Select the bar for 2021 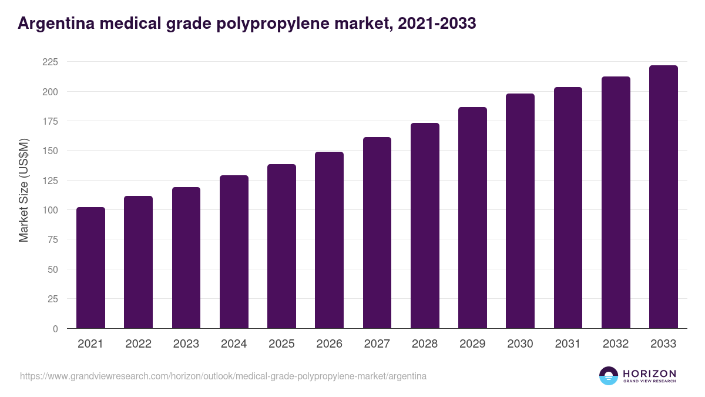90,268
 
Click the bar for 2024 234,252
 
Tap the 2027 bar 377,232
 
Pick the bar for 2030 520,211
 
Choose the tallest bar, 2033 663,197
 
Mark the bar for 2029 472,218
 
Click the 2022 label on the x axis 138,344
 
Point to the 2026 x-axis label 329,344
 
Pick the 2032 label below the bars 616,344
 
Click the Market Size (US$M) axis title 23,190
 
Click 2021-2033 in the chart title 437,24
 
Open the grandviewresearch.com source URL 223,376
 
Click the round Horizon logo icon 609,376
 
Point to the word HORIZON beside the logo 649,373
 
